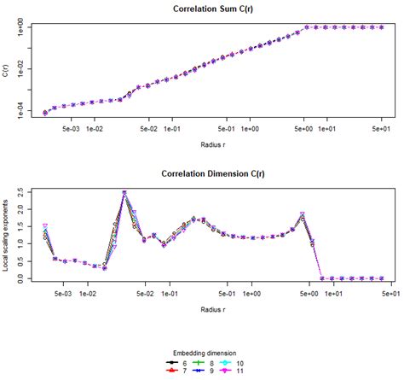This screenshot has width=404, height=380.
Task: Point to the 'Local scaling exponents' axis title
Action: (7, 236)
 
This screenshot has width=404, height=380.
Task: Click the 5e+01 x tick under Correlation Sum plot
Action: (382, 129)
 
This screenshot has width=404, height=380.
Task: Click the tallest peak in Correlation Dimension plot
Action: (124, 193)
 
